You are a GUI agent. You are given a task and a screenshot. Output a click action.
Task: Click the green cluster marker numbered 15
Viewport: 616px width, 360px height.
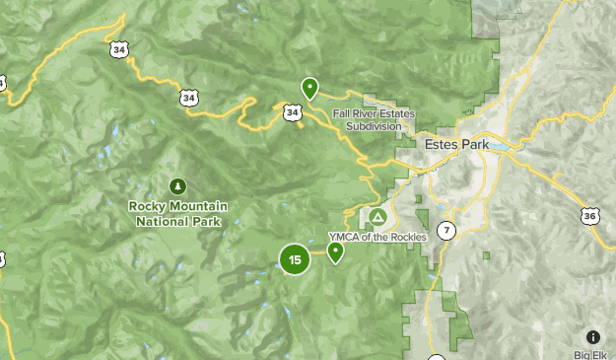click(x=295, y=259)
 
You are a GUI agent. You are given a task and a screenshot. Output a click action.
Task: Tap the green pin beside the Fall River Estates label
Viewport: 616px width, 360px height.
click(x=309, y=89)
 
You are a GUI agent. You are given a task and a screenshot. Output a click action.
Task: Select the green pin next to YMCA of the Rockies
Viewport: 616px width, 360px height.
click(x=336, y=252)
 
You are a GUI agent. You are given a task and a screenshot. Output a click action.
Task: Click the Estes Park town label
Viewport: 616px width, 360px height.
click(x=456, y=144)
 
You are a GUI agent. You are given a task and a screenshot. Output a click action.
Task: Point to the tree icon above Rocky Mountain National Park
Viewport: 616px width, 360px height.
click(x=177, y=185)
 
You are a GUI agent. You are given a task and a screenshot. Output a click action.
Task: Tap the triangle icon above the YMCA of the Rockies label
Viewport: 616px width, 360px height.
click(x=377, y=216)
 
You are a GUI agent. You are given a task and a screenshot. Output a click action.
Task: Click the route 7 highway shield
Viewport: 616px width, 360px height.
click(x=447, y=231)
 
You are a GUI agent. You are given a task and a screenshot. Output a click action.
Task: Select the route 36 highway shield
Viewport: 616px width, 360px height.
click(x=589, y=215)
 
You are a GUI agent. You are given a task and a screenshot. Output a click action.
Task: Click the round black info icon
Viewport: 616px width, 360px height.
click(x=592, y=336)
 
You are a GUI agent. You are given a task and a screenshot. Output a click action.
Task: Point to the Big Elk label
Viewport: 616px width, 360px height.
click(x=594, y=354)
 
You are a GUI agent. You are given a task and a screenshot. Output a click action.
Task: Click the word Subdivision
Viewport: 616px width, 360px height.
click(x=374, y=126)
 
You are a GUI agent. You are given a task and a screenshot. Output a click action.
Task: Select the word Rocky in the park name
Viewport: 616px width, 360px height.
click(x=148, y=206)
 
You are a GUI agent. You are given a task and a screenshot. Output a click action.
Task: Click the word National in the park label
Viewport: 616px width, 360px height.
click(x=160, y=221)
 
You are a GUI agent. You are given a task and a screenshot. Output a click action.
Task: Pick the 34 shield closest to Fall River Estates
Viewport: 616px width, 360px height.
click(x=292, y=112)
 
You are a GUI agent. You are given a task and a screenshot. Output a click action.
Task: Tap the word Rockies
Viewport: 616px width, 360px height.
click(x=407, y=237)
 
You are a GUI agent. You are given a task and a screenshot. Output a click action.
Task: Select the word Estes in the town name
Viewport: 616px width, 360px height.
click(x=441, y=144)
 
